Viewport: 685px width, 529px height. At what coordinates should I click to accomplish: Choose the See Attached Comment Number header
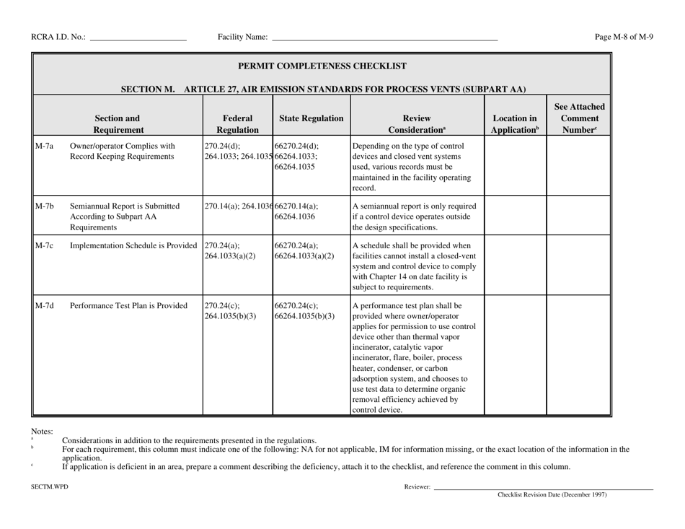(579, 110)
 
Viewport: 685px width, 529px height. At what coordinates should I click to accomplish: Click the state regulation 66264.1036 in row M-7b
(296, 217)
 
